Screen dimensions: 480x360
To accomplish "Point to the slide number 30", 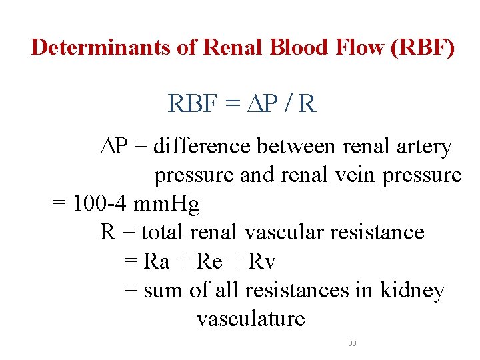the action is coord(352,343).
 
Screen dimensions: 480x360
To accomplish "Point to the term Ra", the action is coord(157,261).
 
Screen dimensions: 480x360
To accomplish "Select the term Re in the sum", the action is coord(209,261).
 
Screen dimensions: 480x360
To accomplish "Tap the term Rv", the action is coord(261,261).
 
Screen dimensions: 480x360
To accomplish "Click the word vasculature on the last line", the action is coord(251,319).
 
